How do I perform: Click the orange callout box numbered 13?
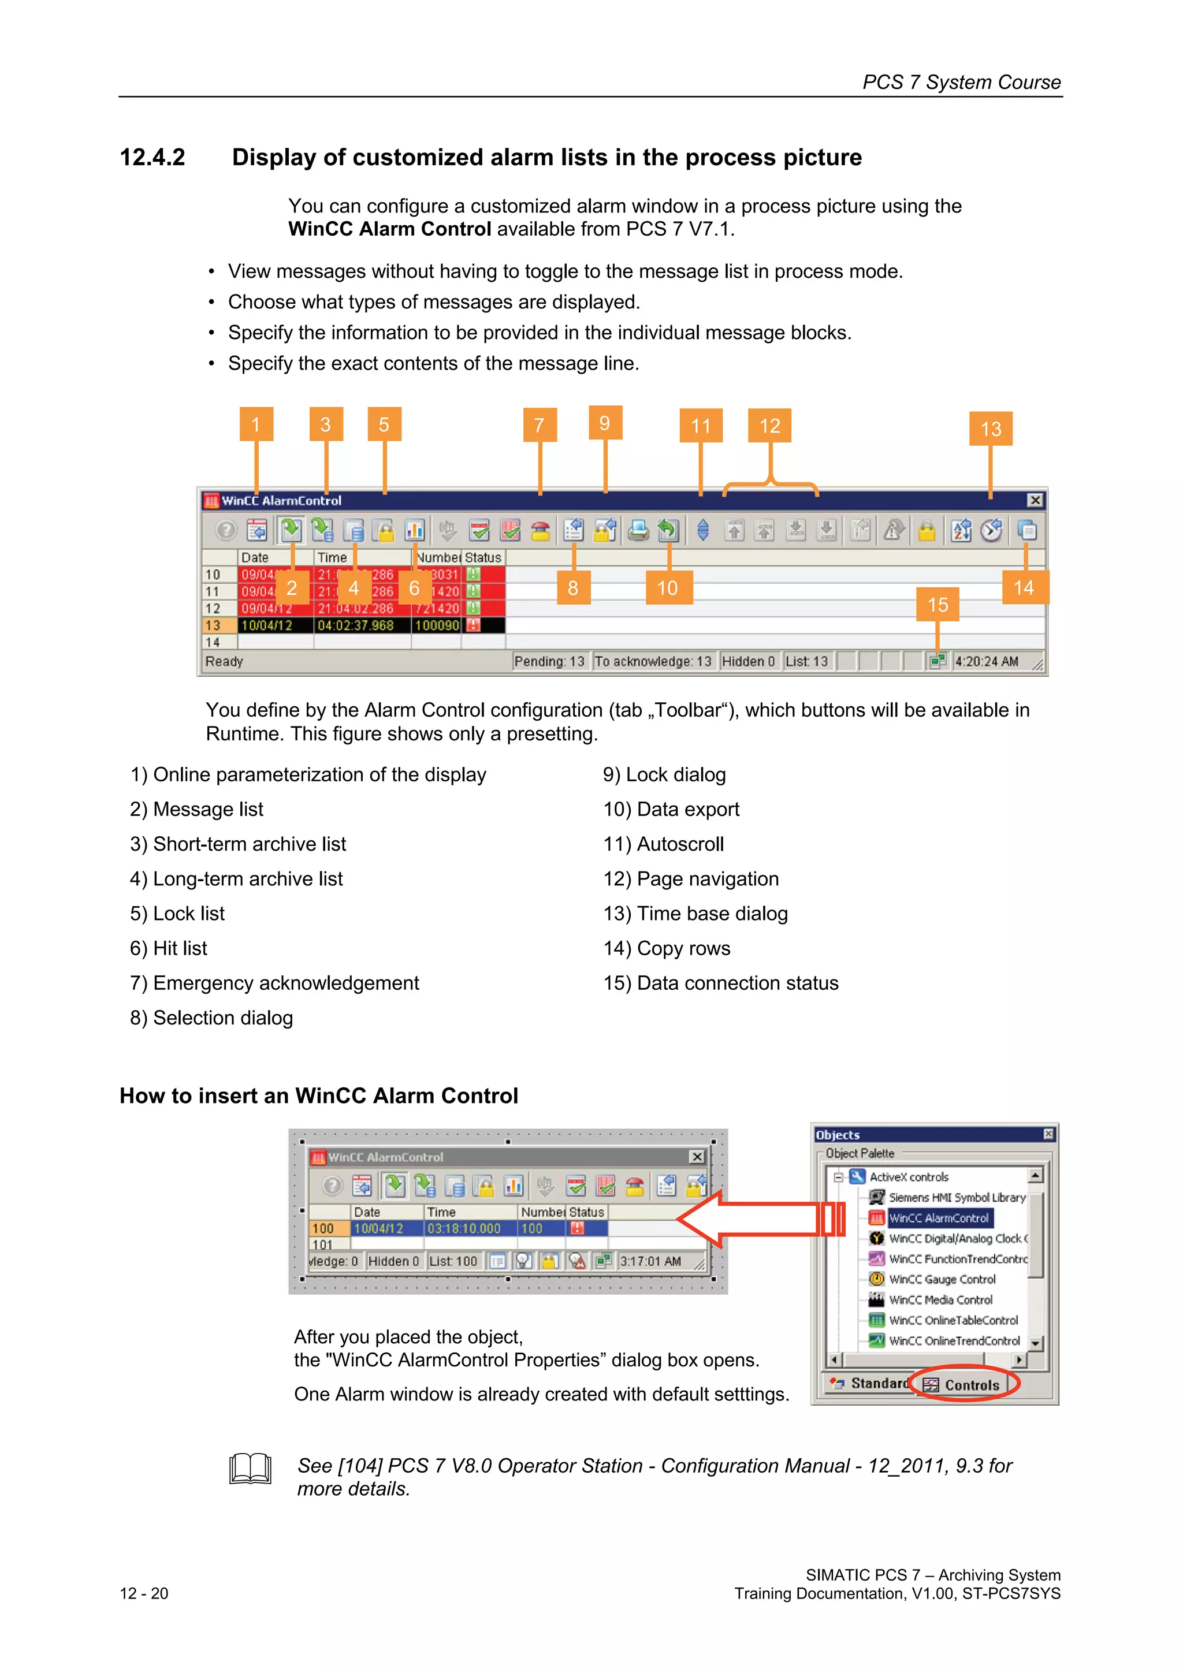click(990, 429)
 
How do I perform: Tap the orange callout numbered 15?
click(938, 604)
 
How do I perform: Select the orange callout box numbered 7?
click(540, 425)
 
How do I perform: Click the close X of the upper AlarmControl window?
click(1035, 501)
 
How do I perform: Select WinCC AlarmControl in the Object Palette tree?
click(938, 1217)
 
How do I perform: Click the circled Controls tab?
click(970, 1384)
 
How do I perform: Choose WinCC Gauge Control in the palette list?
click(941, 1279)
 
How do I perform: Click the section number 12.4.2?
click(152, 158)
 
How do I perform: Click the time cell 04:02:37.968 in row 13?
click(355, 625)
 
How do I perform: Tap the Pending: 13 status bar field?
click(549, 661)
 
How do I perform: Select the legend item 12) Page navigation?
click(690, 879)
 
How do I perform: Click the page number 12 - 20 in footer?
click(144, 1593)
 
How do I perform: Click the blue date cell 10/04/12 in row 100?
click(378, 1228)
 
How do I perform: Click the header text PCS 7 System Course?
click(961, 83)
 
